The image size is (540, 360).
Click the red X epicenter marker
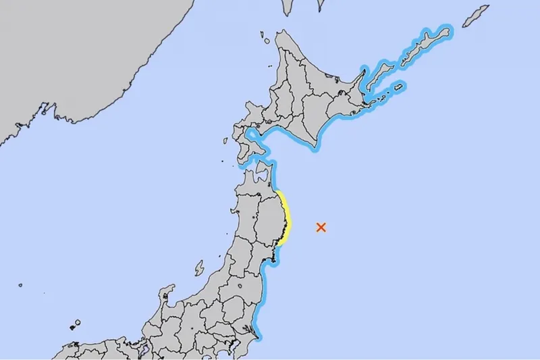click(321, 228)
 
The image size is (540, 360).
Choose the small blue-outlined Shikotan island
click(398, 86)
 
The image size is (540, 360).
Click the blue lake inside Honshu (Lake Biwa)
click(144, 349)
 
